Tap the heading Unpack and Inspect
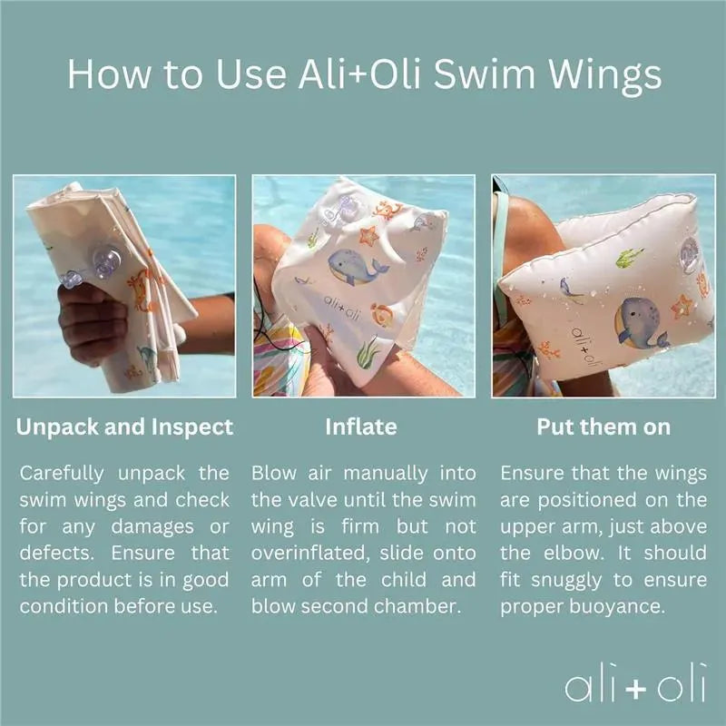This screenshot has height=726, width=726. coord(124,427)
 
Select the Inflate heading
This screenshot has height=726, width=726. coord(361,427)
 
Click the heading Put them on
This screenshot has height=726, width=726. coord(603,427)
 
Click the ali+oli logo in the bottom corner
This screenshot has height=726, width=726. coord(635,683)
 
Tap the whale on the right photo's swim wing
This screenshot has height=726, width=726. coord(642,323)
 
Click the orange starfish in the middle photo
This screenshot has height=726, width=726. coord(368,235)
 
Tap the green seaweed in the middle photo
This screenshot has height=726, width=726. coord(368,353)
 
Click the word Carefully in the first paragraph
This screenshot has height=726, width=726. coord(62,474)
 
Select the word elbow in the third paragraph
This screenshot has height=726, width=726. coord(574,554)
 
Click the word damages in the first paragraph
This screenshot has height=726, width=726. coord(152,527)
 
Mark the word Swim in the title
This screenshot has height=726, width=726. coord(484,74)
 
